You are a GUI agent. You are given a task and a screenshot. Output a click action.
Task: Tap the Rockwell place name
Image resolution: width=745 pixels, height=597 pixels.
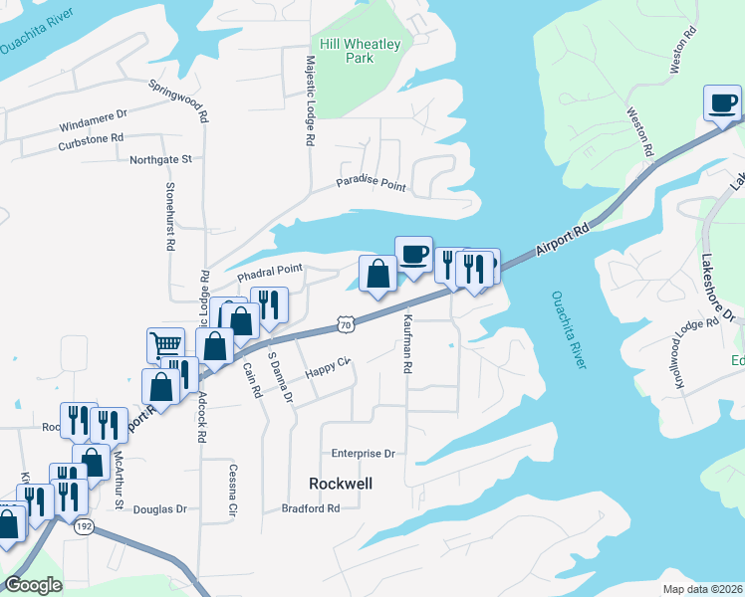coord(341,483)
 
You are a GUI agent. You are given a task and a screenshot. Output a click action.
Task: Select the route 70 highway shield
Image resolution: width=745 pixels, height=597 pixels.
coord(344,324)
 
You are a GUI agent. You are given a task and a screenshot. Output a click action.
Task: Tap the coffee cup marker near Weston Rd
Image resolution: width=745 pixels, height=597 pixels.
coord(722,101)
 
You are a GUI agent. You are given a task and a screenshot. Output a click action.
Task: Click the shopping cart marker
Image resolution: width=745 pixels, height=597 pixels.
coord(164,345)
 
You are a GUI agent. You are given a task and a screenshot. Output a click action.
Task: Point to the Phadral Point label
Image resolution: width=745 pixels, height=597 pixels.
coord(269,270)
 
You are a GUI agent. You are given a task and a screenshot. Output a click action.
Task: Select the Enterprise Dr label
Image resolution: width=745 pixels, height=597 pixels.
coord(364,453)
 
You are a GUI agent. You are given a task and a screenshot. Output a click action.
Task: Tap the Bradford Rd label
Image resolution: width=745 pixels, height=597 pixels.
coord(310,507)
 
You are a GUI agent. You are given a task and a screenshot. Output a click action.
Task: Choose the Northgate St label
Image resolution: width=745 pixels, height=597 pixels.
coord(160,159)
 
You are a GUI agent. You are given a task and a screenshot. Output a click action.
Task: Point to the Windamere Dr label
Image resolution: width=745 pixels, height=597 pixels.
coord(94,126)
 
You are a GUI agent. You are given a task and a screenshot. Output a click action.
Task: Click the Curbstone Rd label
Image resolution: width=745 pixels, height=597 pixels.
coord(90,137)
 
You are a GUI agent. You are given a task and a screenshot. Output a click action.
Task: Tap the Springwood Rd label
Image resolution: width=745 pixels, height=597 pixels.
coord(179,100)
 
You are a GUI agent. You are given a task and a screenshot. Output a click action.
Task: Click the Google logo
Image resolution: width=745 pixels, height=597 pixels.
coord(33,585)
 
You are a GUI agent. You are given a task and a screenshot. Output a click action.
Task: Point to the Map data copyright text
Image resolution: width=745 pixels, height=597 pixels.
coord(701,589)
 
